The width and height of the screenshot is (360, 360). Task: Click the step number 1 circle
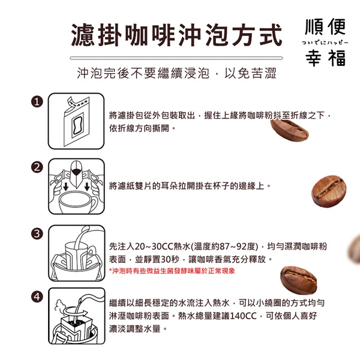tap(37, 102)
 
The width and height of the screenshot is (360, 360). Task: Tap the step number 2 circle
tap(37, 167)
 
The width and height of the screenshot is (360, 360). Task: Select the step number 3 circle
tap(37, 234)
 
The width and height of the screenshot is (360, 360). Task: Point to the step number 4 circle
tap(37, 297)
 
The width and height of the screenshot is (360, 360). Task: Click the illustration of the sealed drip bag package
tap(76, 121)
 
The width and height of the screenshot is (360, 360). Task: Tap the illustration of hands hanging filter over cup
tap(76, 186)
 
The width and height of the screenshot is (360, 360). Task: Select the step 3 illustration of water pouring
tap(76, 253)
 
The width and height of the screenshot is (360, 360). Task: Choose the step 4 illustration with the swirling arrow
tap(76, 316)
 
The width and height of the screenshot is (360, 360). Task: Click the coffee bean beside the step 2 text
tap(329, 191)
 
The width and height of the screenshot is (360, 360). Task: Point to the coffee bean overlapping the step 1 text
tap(289, 130)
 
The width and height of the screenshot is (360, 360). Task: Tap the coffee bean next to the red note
tap(298, 280)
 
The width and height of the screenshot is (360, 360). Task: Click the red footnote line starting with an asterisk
tap(172, 271)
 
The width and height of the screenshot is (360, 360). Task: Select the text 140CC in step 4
tap(243, 316)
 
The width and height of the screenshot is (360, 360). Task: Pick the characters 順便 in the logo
tap(325, 26)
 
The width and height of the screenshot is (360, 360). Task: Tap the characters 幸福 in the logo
tap(326, 58)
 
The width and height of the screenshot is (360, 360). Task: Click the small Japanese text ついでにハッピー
tap(325, 43)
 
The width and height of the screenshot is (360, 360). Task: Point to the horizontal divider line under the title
tap(176, 58)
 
